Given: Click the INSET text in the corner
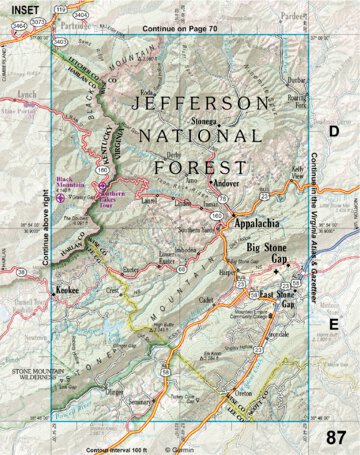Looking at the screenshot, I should [17, 8].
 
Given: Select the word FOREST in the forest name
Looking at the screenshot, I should [192, 166].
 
